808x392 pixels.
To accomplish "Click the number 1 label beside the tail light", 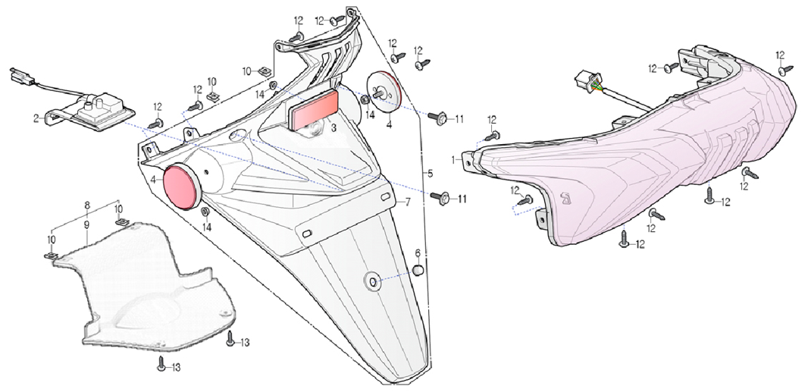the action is click(454, 160).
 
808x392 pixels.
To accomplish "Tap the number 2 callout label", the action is click(36, 118).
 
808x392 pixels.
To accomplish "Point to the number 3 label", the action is click(334, 127).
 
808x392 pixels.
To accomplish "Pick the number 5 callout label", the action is click(431, 174).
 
